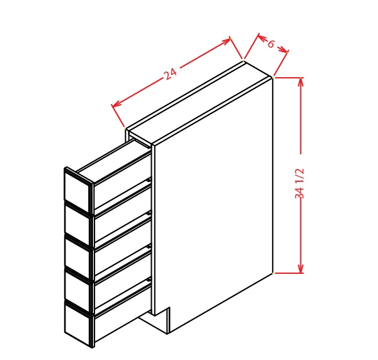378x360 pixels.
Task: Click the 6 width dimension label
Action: click(x=271, y=44)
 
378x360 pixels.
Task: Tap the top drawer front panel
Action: click(x=78, y=190)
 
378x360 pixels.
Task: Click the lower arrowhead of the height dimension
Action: click(x=301, y=268)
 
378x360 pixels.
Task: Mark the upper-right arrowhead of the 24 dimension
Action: click(x=226, y=42)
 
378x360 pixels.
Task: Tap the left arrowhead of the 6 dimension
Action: click(x=262, y=37)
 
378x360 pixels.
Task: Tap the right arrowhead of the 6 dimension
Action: click(x=283, y=50)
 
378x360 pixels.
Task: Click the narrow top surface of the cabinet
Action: click(x=199, y=103)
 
